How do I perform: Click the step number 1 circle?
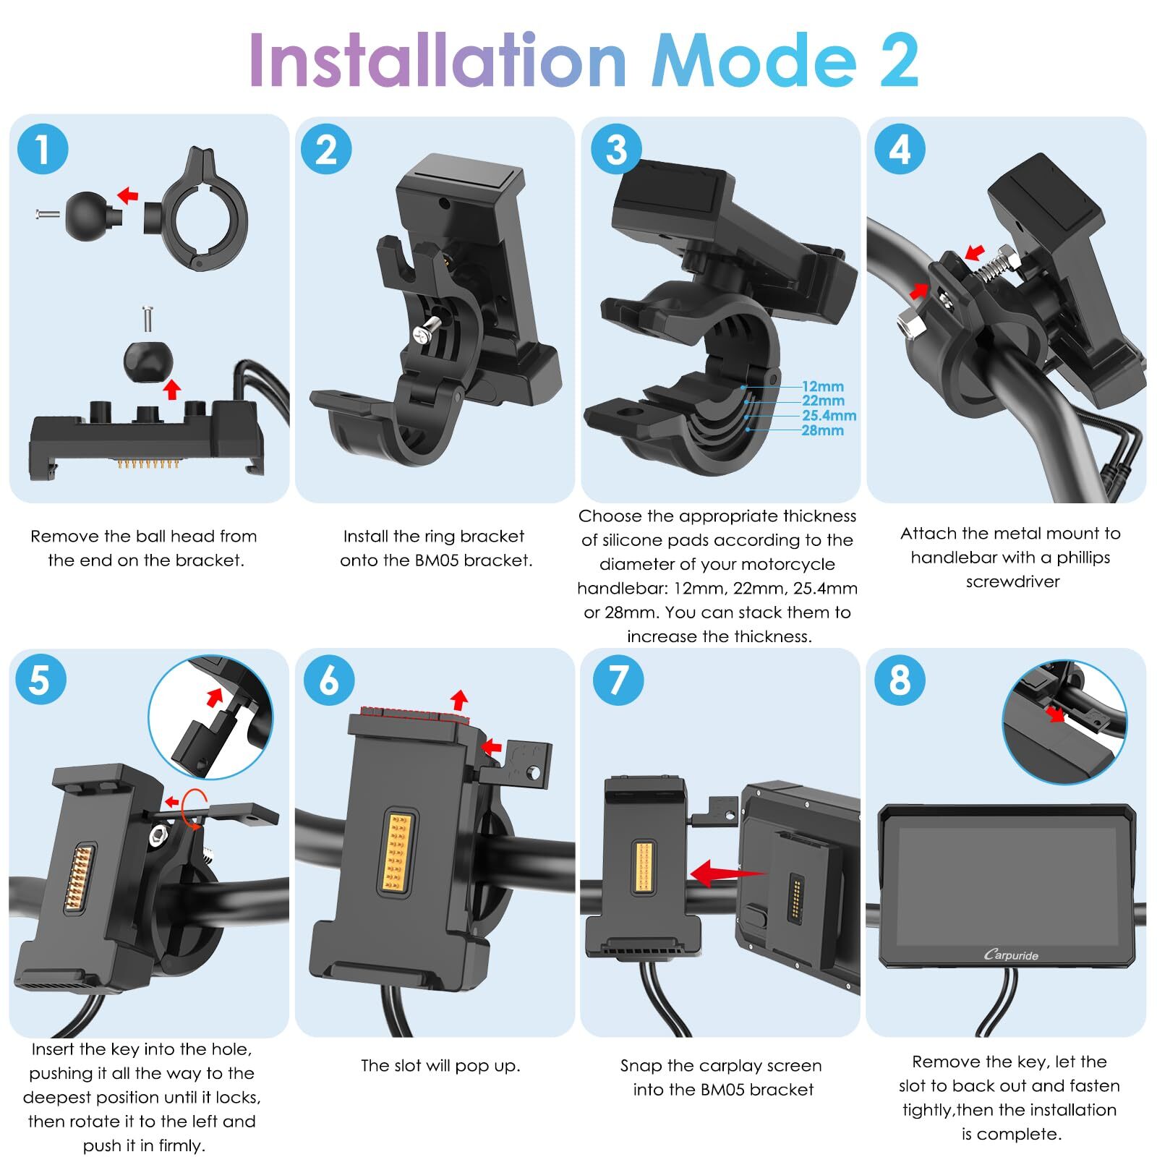43,149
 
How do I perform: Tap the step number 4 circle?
900,149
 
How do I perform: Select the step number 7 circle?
618,680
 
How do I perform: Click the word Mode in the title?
754,61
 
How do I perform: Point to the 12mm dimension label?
823,387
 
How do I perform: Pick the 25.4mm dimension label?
829,416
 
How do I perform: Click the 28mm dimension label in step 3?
823,430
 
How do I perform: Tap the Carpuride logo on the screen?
1011,955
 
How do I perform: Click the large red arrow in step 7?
727,873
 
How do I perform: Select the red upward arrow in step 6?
458,699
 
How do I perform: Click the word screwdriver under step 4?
1012,581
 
